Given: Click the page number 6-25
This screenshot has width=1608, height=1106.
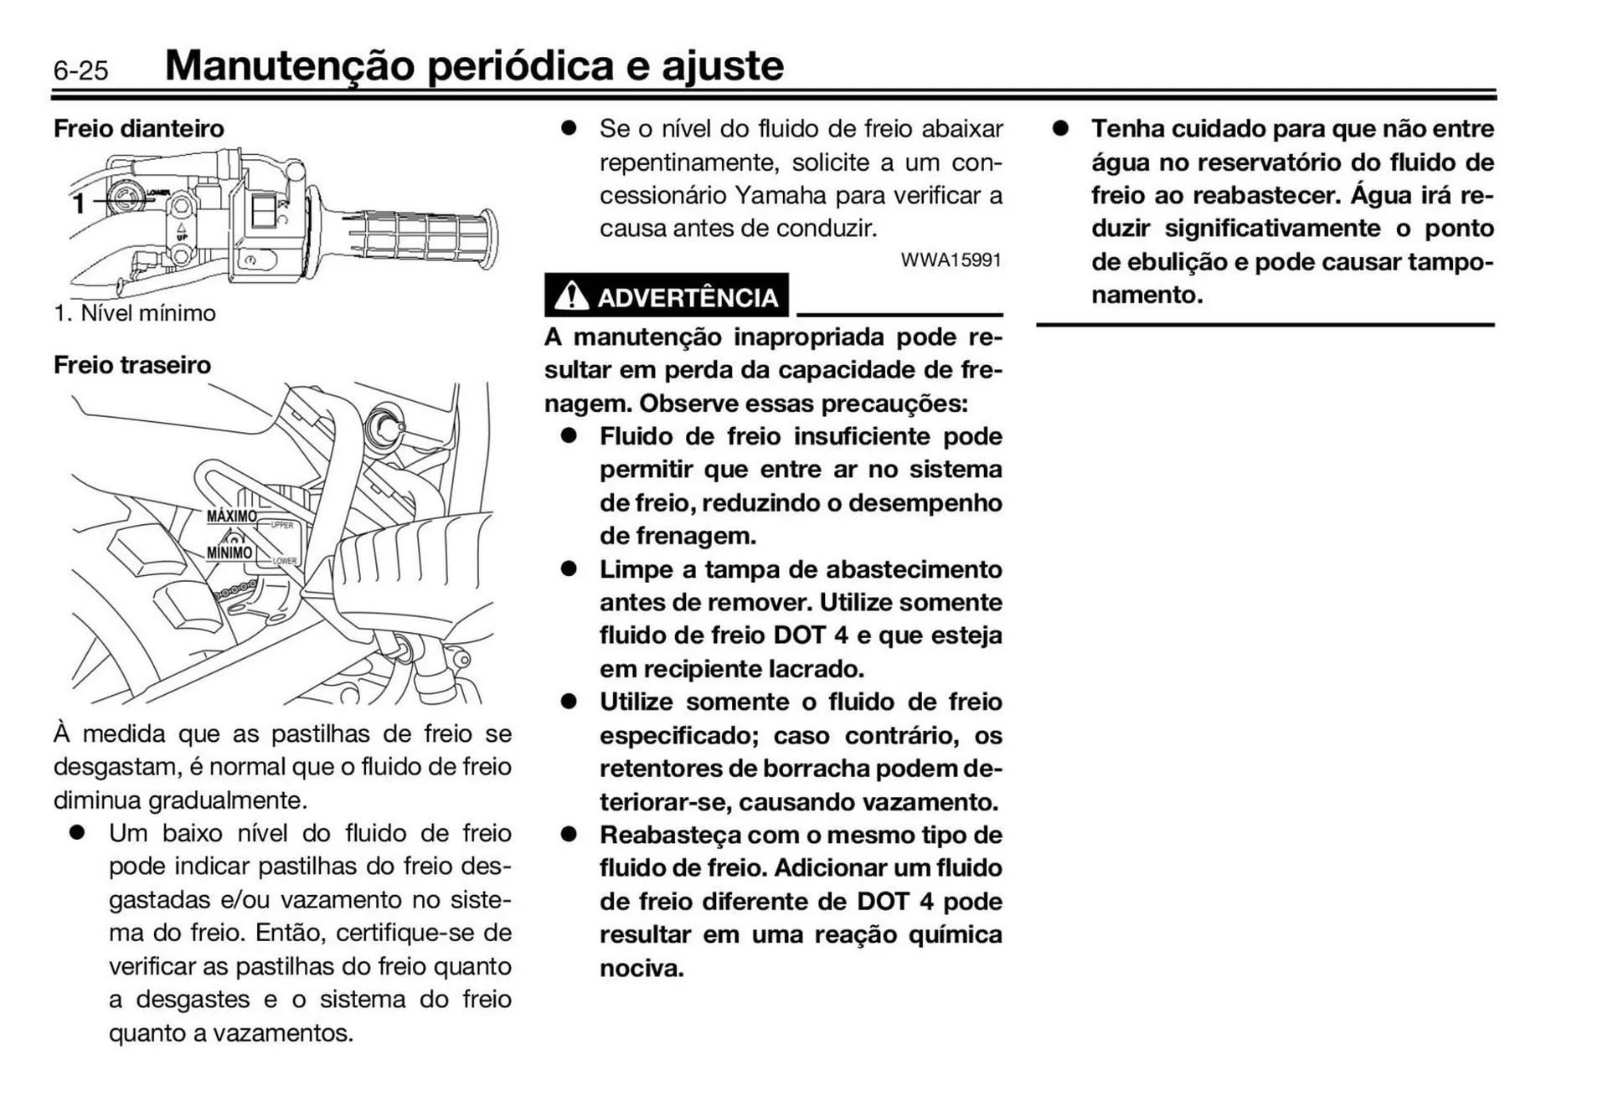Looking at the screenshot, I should pos(80,70).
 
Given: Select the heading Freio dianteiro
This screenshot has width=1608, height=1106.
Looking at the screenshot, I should pos(139,129).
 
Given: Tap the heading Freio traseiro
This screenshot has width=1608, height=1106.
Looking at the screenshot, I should pos(132,365).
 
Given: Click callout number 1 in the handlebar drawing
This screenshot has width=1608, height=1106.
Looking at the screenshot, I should pos(79,203).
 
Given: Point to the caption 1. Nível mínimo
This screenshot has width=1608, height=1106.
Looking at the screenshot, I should pos(135,313).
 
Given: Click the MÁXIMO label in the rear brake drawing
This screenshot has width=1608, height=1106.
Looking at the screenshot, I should pos(231,517).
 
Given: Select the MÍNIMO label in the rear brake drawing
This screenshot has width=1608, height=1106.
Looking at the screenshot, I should pos(229,553).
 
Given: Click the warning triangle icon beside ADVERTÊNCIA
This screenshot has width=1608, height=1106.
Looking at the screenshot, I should pos(571,296).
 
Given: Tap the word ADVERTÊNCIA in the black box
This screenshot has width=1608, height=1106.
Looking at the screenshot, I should pos(687,298).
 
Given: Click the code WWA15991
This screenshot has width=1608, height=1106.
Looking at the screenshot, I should pos(951,260).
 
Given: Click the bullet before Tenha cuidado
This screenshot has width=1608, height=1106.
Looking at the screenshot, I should pos(1061,129).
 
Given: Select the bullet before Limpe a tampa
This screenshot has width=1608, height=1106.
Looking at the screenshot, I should pos(569,569).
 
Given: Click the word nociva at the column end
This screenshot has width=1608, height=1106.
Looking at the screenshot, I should pos(642,969).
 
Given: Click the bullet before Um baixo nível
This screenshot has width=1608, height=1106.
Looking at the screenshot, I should pos(79,833).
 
